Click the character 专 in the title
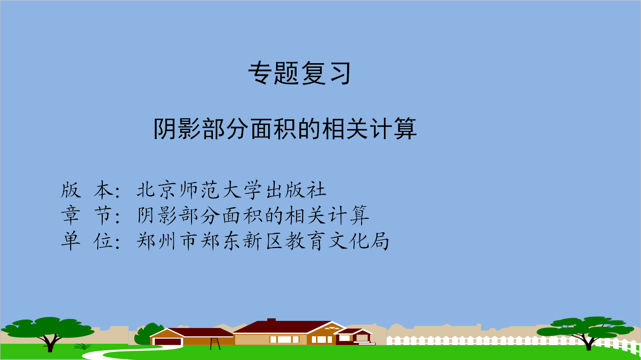tap(260, 73)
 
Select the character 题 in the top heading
tap(286, 73)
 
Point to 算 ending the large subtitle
tap(405, 129)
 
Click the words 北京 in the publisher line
tap(155, 190)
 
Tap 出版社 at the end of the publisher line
tap(296, 190)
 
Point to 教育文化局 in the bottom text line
tap(337, 241)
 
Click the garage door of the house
tap(168, 342)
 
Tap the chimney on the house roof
tap(271, 320)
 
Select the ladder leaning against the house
tap(215, 344)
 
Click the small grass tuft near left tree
tap(82, 347)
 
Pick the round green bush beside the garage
tap(148, 334)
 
